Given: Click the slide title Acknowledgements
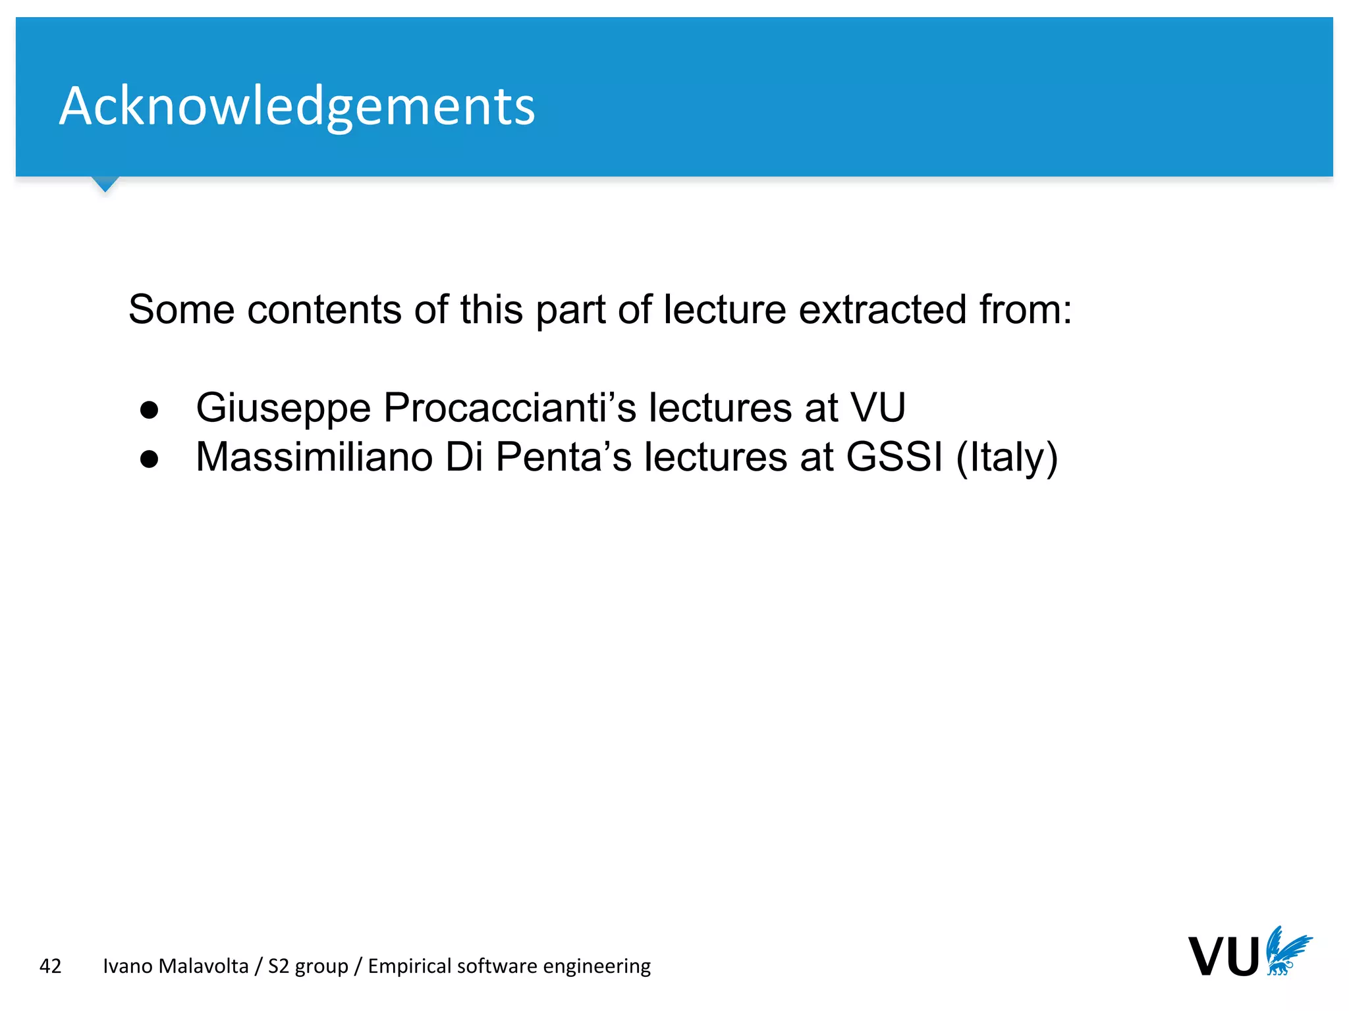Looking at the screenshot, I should (x=297, y=107).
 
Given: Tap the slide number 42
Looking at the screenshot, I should (x=50, y=966).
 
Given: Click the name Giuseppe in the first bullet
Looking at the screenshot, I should (x=283, y=407).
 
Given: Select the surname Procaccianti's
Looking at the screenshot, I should (x=510, y=407).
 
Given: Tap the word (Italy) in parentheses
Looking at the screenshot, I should (x=1006, y=458).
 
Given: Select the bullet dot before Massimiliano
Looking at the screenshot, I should (x=150, y=459).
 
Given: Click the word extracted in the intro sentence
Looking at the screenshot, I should (x=883, y=309).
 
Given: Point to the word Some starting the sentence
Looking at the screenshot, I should (x=181, y=309).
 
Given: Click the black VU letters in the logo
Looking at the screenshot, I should (x=1224, y=957).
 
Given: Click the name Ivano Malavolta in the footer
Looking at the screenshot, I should (x=176, y=966).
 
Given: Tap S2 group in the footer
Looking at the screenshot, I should (x=308, y=966).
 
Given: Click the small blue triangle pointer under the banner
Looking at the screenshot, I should (x=105, y=184).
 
